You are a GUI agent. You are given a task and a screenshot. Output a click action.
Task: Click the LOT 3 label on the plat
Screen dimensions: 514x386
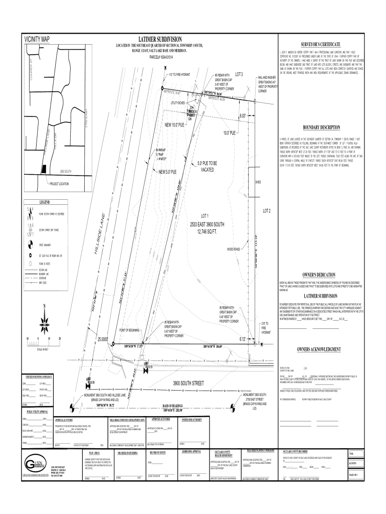[235, 74]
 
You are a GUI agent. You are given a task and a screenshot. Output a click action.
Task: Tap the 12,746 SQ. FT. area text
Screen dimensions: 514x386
[209, 231]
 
